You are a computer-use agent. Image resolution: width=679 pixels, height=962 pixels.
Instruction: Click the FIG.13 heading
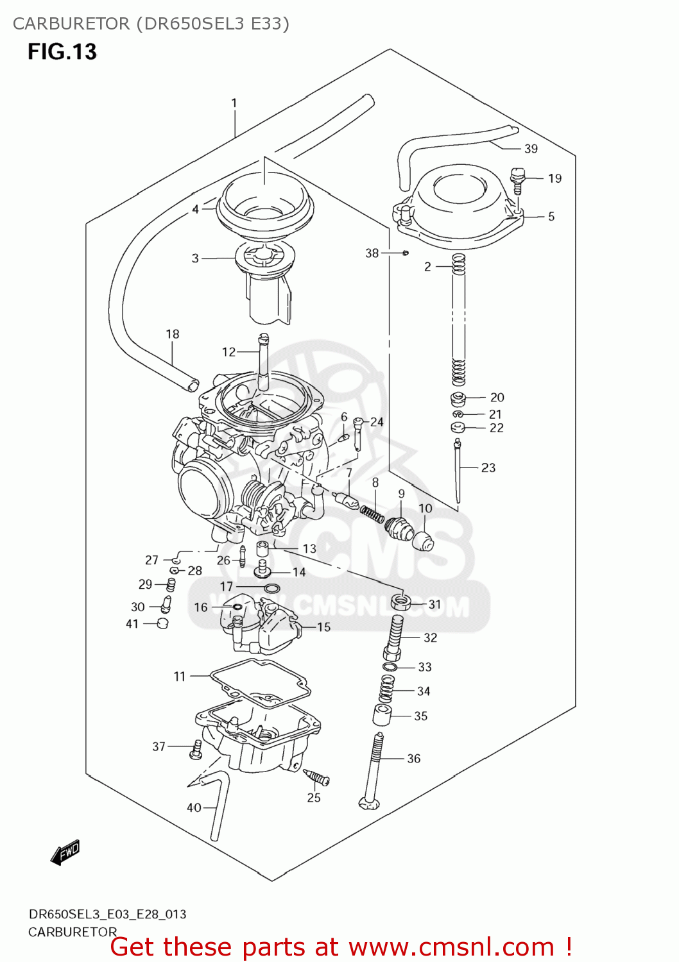62,51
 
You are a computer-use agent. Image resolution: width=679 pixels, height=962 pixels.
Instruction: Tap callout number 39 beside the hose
531,149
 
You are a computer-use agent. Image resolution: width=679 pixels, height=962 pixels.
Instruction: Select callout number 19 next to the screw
554,178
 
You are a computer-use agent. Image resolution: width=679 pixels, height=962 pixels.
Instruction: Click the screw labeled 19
518,179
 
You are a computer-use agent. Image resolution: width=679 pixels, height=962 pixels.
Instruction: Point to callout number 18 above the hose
172,334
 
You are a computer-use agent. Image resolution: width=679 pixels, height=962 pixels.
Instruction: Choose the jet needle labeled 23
458,471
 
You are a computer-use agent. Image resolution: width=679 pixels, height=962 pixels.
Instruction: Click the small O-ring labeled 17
272,588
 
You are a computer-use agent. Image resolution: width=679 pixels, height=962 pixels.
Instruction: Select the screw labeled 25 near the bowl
316,778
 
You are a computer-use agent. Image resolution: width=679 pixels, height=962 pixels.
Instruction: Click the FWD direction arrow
65,852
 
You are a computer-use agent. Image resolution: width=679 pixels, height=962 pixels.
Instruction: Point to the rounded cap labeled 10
423,541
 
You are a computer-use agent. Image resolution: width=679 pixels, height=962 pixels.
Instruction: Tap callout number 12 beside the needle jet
228,352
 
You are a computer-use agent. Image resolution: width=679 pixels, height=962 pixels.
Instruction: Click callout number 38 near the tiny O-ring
372,253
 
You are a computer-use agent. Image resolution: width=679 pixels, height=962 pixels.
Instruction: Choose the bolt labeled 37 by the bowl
196,749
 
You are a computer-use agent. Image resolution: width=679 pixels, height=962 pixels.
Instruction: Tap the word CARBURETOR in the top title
71,24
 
